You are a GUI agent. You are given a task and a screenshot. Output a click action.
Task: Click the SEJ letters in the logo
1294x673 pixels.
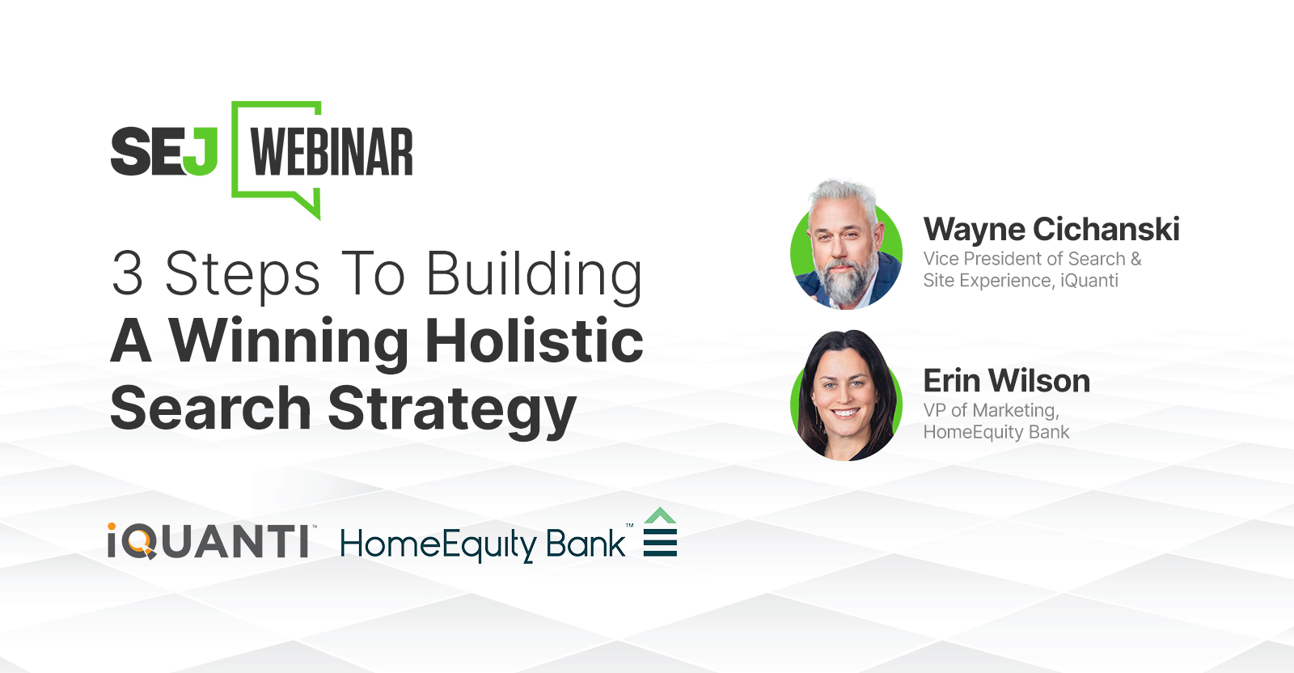point(164,152)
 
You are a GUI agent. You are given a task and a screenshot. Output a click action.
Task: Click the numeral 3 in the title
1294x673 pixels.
point(127,273)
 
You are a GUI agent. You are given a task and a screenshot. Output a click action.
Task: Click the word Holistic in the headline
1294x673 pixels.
point(534,340)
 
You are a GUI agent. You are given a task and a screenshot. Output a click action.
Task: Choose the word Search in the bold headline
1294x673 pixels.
point(210,408)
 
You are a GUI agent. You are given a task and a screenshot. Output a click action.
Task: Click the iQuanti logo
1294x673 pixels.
point(209,541)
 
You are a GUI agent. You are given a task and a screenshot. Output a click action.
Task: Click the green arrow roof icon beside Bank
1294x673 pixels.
point(660,517)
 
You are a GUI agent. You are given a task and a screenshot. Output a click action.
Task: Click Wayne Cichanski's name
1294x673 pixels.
point(1051,230)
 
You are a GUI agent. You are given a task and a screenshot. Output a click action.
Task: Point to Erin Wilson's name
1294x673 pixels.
point(1006,380)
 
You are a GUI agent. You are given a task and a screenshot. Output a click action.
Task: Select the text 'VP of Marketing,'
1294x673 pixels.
point(991,410)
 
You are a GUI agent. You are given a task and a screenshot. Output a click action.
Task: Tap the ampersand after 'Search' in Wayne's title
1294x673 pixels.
point(1135,259)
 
